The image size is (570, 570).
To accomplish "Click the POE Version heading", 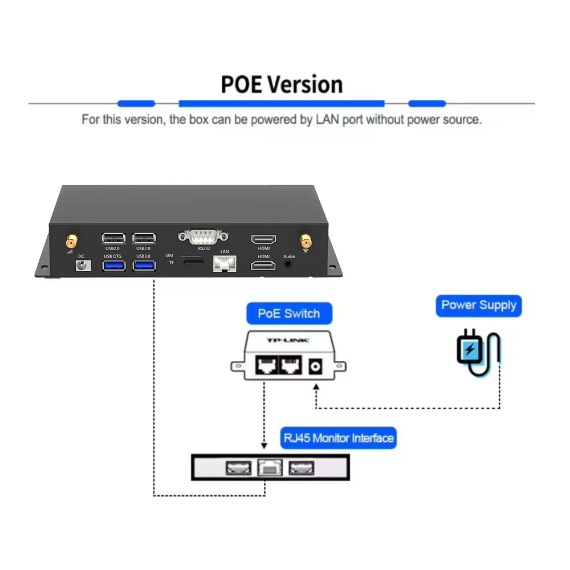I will pos(282,84).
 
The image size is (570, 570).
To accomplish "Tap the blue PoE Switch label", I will pos(288,313).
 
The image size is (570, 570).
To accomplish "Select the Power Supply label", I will pos(479,305).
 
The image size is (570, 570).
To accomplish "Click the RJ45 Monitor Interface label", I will pos(339,438).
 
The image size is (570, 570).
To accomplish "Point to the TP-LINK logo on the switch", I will pos(288,341).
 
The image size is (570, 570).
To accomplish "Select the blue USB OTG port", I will pos(113,265).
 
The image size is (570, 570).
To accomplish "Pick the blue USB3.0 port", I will pos(144,265).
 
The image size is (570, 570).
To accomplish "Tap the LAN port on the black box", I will pos(224,263).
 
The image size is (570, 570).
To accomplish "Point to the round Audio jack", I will pos(289,264).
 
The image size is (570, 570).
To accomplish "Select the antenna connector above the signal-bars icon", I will pos(71,239).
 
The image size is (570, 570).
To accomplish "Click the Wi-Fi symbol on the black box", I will pos(306,250).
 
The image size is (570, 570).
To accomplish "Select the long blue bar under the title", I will pos(282,104).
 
